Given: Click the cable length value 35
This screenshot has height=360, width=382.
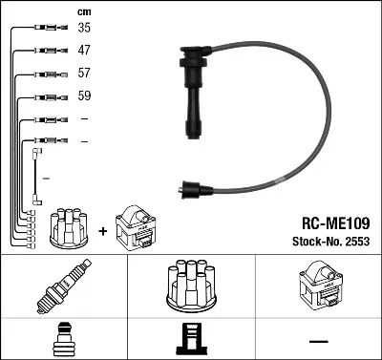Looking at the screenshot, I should click(84, 28).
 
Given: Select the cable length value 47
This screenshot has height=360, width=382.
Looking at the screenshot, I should click(84, 50).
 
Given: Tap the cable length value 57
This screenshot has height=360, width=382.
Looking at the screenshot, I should click(84, 73).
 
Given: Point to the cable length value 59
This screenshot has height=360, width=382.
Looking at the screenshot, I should click(84, 96).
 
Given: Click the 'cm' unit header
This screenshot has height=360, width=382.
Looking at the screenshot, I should click(84, 11).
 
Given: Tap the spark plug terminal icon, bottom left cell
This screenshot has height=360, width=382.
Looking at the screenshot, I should click(64, 340).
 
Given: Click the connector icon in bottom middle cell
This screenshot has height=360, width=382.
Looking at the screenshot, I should click(191, 340).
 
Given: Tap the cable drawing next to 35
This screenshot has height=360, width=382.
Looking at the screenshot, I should click(47, 28).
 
